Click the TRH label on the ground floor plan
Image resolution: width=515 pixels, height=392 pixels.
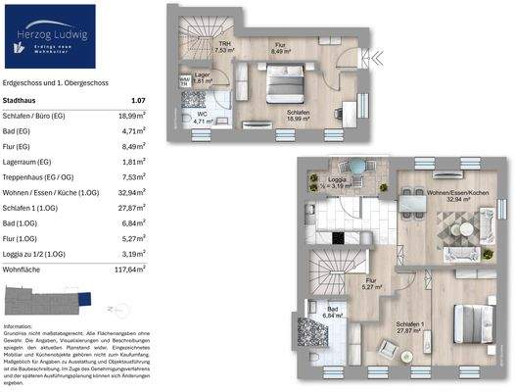click(224, 46)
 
